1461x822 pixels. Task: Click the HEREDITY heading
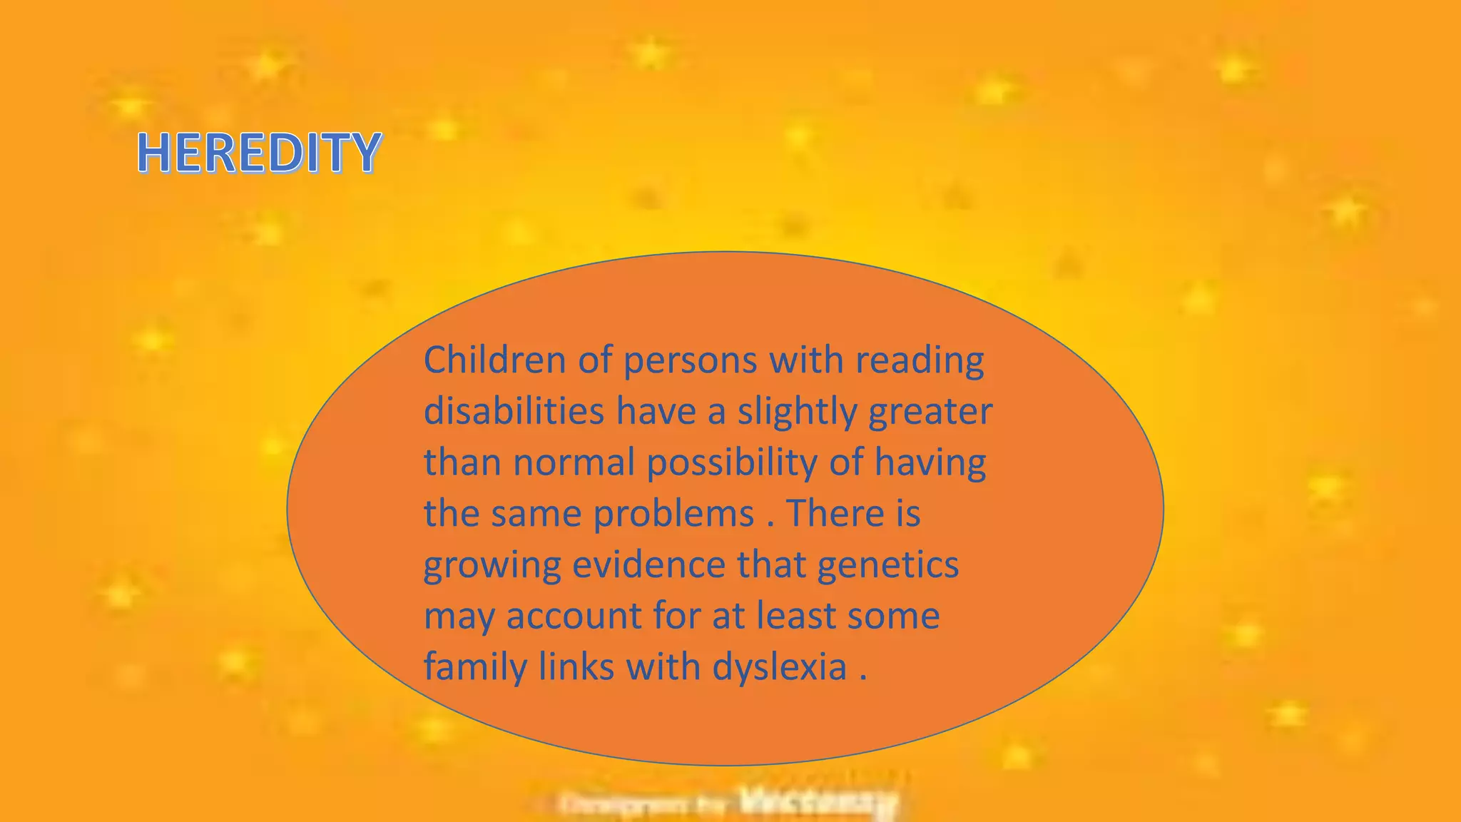pyautogui.click(x=258, y=153)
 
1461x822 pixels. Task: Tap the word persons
pyautogui.click(x=690, y=361)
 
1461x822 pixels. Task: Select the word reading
pyautogui.click(x=920, y=361)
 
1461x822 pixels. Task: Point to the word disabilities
pyautogui.click(x=514, y=411)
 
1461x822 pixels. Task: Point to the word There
pyautogui.click(x=834, y=513)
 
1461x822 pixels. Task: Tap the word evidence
pyautogui.click(x=648, y=564)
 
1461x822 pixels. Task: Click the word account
pyautogui.click(x=574, y=616)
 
